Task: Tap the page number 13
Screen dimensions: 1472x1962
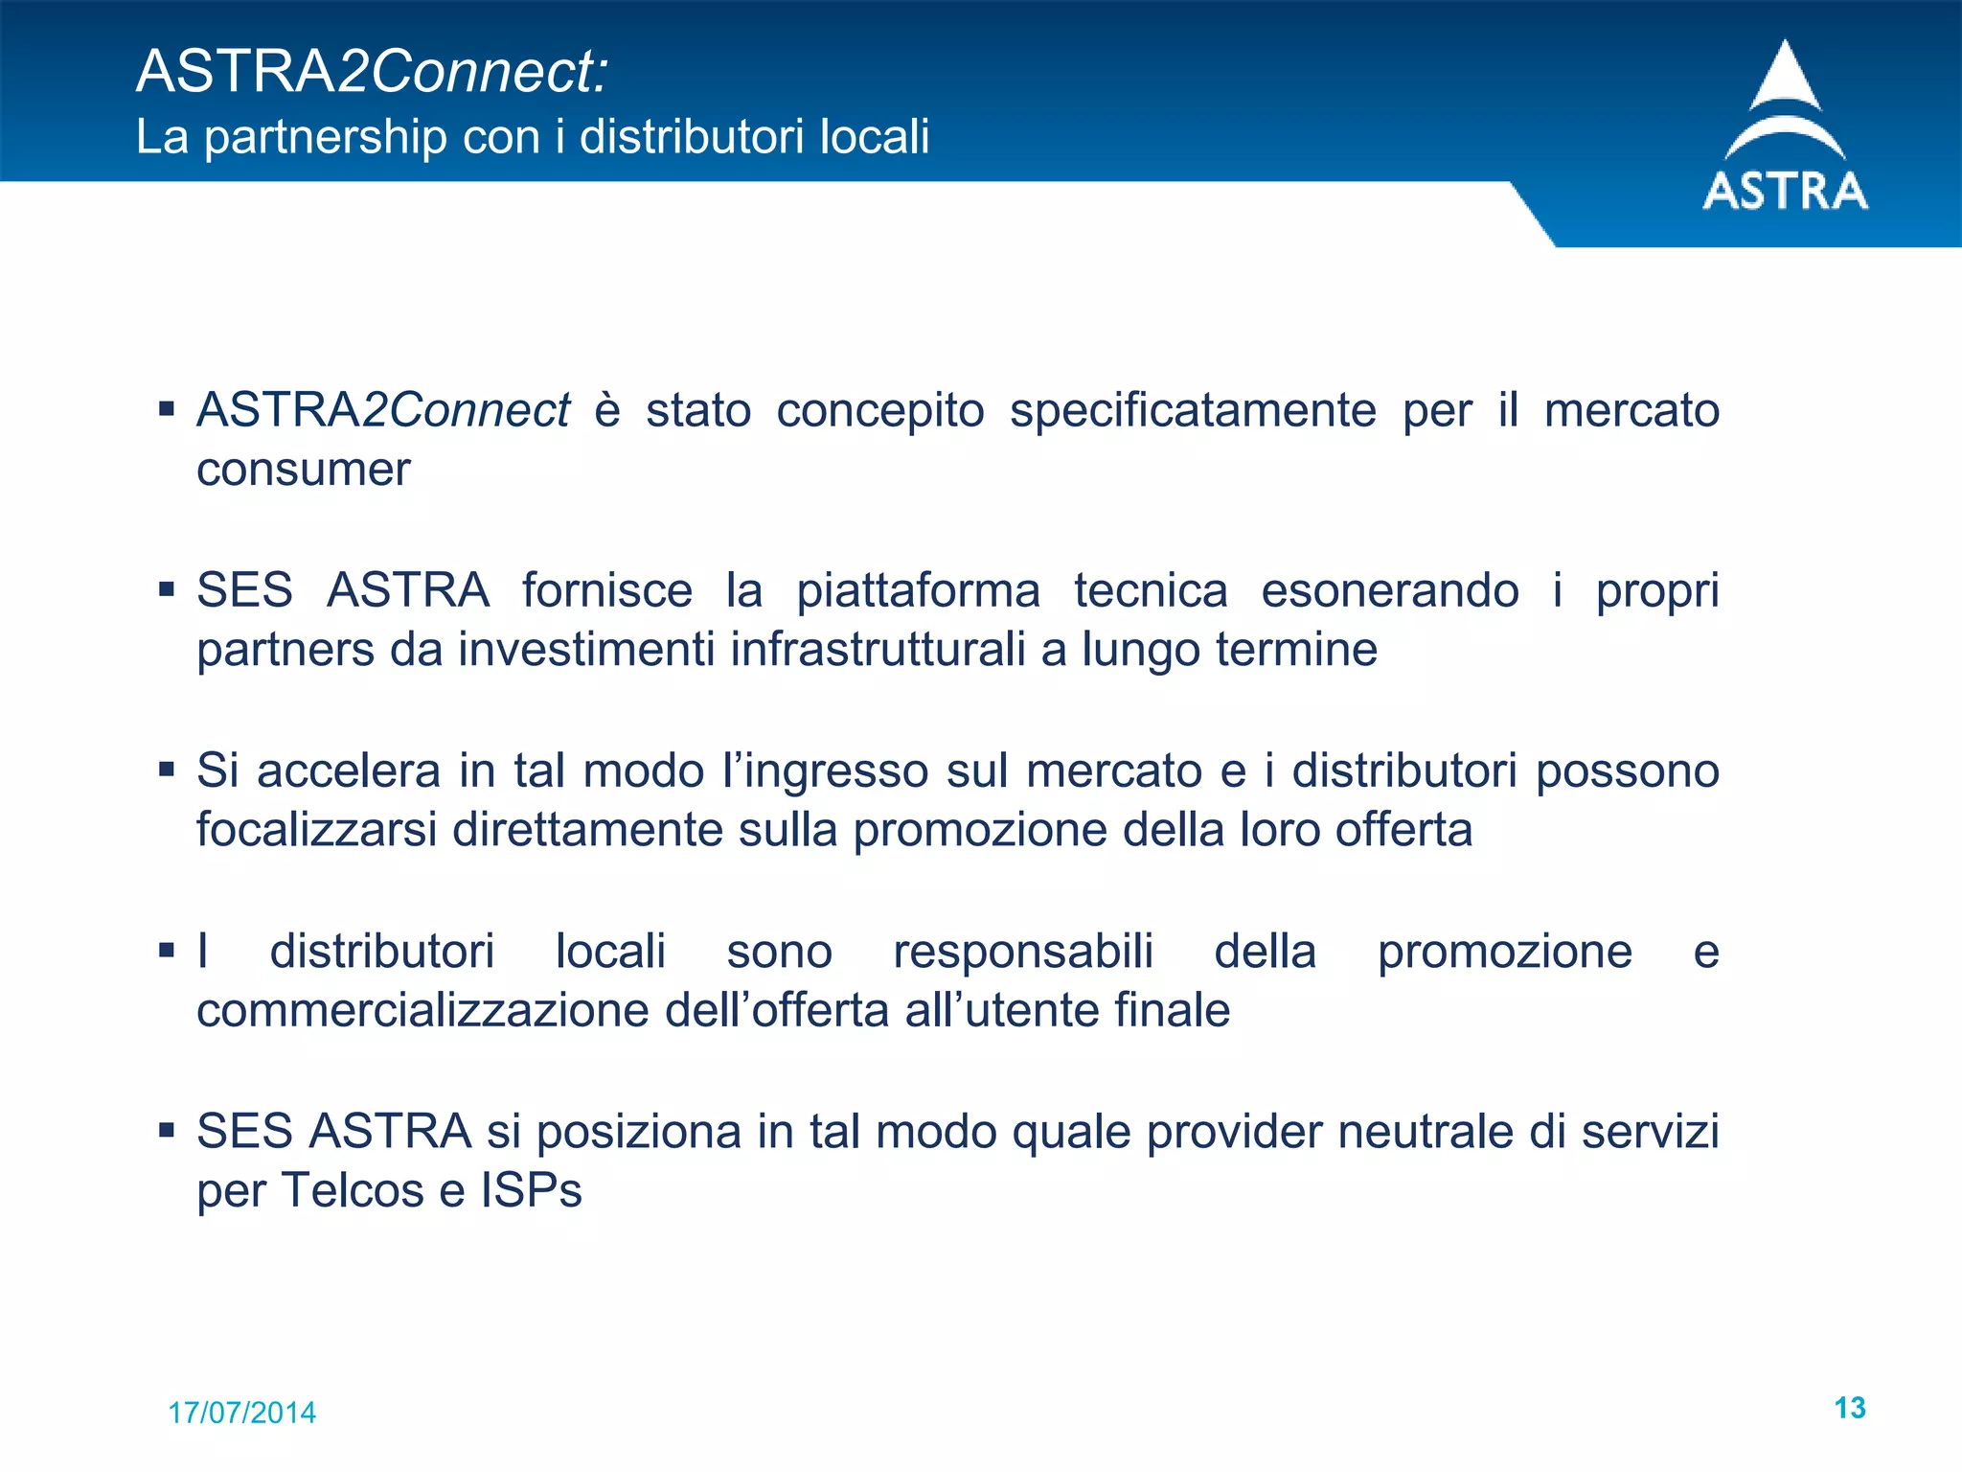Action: click(1849, 1408)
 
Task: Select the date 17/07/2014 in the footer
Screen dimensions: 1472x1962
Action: click(241, 1413)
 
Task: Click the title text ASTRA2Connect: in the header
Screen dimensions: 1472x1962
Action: click(372, 71)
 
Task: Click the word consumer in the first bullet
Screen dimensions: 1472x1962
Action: click(303, 470)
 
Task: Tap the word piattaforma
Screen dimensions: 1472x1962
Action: click(918, 590)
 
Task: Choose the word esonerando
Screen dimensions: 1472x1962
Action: click(1389, 590)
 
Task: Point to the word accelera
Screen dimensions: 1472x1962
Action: click(348, 770)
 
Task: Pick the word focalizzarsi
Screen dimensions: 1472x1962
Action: click(317, 830)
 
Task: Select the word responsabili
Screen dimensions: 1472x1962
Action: click(1022, 952)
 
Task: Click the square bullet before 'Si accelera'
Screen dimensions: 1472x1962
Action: click(167, 770)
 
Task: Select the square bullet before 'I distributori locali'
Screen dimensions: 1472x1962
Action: click(167, 951)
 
